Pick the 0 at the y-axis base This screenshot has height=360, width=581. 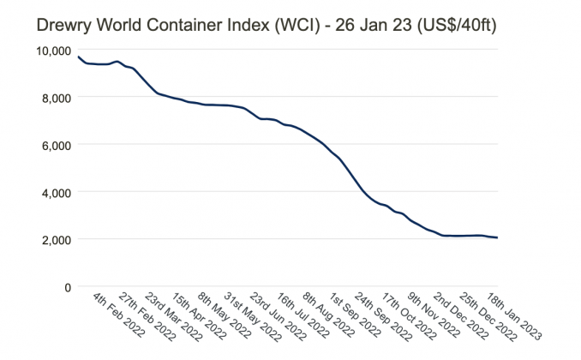tap(69, 286)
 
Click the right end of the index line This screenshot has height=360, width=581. tap(497, 237)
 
